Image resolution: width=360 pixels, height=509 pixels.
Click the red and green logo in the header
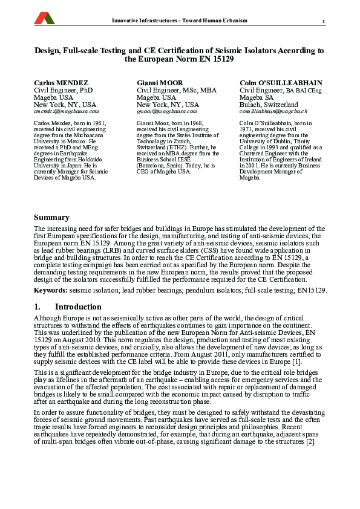[x=43, y=19]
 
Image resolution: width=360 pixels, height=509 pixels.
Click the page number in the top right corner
[x=324, y=22]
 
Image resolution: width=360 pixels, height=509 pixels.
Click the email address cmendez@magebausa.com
[x=66, y=112]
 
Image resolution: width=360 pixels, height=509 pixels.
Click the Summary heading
[x=51, y=218]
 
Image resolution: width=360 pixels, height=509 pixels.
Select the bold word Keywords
[x=50, y=291]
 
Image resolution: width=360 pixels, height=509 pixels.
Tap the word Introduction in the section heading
[x=78, y=307]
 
